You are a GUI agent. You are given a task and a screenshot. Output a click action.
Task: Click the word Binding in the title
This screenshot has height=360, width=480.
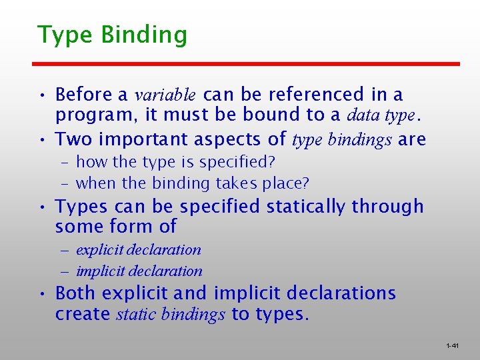click(144, 35)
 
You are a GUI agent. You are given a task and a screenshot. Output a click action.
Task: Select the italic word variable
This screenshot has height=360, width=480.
click(166, 95)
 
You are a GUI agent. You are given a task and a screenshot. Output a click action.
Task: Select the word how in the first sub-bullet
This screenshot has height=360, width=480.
click(89, 162)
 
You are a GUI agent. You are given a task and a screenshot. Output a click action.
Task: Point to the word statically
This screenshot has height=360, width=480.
click(305, 207)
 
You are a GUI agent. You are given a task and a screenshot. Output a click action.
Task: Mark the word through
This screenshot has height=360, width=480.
click(388, 207)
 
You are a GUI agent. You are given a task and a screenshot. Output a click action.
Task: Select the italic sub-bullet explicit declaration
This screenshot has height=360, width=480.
click(138, 250)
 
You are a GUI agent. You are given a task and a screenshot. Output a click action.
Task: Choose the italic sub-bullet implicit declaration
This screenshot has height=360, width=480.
click(139, 271)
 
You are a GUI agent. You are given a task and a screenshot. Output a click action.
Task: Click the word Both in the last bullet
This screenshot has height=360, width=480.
click(76, 293)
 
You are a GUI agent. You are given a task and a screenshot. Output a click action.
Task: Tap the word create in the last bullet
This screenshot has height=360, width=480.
click(83, 314)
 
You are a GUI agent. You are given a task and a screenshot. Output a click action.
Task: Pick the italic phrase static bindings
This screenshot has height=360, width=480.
click(170, 314)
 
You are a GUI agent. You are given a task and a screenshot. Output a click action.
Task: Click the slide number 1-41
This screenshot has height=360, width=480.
click(452, 346)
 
